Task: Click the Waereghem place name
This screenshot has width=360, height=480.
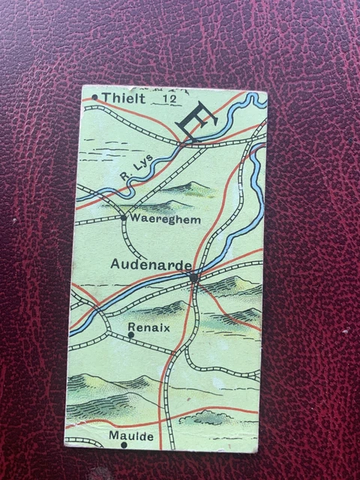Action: [x=158, y=220]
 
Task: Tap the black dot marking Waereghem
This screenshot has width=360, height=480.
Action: [x=124, y=217]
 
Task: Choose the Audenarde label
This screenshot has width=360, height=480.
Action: [x=151, y=263]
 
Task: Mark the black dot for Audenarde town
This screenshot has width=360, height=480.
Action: [x=193, y=277]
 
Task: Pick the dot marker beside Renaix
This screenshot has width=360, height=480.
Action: [x=131, y=335]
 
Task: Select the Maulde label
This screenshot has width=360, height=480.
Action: [x=124, y=435]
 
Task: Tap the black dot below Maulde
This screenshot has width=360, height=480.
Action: [x=124, y=445]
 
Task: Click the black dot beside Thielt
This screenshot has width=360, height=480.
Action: [x=95, y=98]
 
